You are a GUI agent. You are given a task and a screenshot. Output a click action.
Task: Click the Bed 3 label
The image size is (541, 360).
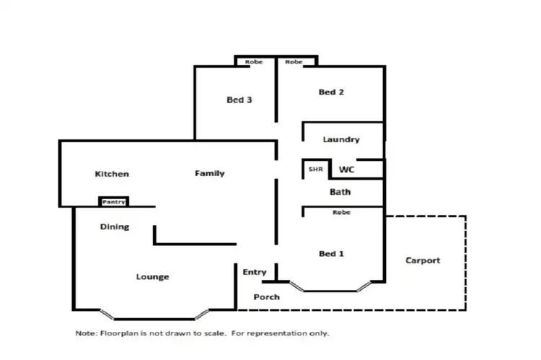pos(239,100)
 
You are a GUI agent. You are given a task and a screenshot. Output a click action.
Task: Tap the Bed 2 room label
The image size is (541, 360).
pos(330,92)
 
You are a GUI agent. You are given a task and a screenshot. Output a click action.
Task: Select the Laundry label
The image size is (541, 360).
pos(341,139)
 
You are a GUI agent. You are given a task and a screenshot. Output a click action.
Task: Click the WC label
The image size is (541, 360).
pos(346,170)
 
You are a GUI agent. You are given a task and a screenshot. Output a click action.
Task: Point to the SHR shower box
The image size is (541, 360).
pos(315,170)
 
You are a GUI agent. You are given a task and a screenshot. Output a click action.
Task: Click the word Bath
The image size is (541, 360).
pos(340,192)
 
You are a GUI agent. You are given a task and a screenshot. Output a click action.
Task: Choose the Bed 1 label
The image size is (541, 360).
pos(331,253)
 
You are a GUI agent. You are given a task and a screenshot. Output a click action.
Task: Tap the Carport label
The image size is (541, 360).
pos(423,260)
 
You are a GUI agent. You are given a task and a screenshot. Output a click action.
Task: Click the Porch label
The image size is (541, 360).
pos(266,297)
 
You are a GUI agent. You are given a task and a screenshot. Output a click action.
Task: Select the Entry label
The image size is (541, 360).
pos(255,272)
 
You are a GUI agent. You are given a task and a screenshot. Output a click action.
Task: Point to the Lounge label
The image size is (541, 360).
pos(153,277)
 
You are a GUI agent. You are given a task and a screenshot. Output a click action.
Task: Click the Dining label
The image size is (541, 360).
pos(115,227)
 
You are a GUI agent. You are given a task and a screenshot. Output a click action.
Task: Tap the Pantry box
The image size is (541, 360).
pos(114,202)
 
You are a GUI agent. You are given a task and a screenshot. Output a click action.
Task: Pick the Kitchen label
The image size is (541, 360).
pos(112,174)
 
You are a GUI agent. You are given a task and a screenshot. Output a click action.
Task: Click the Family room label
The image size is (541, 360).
pos(210,173)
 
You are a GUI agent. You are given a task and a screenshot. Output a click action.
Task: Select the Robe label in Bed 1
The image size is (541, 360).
pos(342,213)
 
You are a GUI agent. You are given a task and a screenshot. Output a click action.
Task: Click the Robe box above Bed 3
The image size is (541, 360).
pos(254,62)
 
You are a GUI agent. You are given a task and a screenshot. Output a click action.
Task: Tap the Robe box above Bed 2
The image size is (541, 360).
pos(294,62)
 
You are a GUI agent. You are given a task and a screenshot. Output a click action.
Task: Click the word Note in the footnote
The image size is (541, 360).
pos(85,334)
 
